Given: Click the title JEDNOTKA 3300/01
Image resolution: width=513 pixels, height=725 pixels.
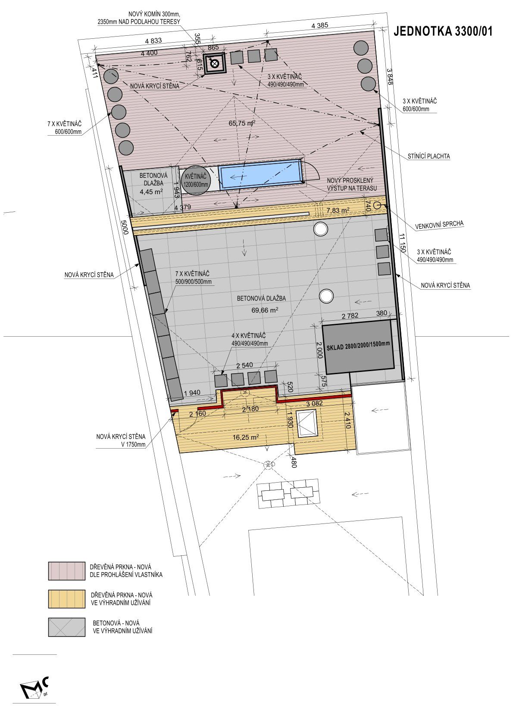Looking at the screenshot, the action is pos(443,31).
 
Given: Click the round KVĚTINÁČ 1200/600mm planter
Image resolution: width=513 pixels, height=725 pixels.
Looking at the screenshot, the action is pos(196,180).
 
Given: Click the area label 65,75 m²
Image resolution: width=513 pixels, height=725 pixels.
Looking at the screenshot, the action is pos(242,123).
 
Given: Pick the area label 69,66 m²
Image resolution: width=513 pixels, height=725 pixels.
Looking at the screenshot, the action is pos(265,310).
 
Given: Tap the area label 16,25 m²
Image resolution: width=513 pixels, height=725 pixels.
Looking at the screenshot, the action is pos(246,437).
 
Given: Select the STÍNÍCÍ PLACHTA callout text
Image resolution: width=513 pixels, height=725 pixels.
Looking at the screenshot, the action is pos(429,156).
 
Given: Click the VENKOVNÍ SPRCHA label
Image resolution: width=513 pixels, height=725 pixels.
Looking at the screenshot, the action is pos(439,225).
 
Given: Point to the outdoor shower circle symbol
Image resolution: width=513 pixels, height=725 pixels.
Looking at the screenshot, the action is pos(378,205).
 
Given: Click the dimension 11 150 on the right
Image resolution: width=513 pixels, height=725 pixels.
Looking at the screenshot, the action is pos(402,243).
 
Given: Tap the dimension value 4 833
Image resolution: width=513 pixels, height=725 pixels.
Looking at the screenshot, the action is pos(153,41).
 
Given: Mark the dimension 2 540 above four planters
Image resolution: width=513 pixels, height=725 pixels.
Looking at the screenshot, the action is pos(244,366).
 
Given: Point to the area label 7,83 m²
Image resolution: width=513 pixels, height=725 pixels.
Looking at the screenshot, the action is pos(338,211).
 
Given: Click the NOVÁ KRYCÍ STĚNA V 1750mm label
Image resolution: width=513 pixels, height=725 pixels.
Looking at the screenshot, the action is pos(121,440).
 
